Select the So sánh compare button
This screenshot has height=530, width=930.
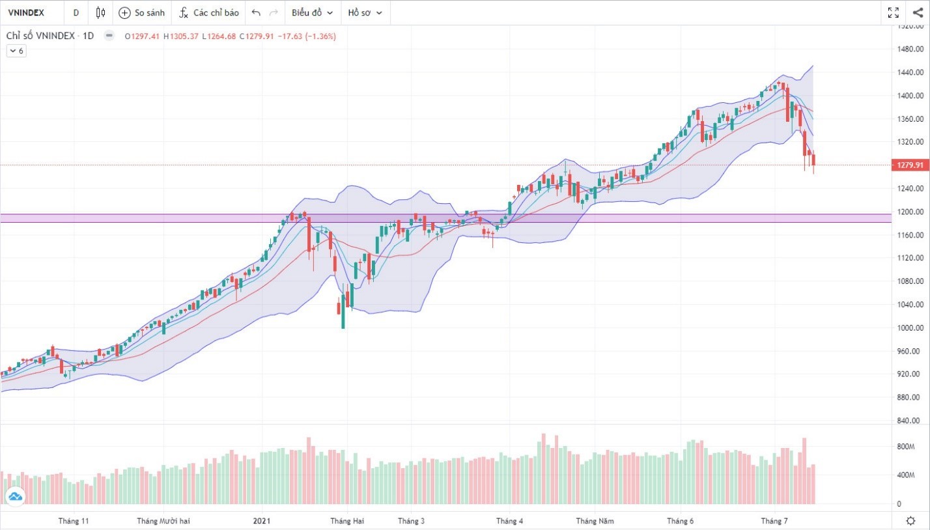tap(142, 12)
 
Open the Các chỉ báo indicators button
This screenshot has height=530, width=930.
tap(209, 12)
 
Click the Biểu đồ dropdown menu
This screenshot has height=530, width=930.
tap(312, 12)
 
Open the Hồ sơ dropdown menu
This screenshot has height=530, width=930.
tap(365, 12)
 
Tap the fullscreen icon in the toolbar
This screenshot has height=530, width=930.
tap(894, 12)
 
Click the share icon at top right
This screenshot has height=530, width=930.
tap(917, 12)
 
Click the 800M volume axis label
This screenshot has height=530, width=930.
tap(906, 447)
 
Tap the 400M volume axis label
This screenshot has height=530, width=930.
tap(906, 475)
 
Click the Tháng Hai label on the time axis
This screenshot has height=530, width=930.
tap(347, 521)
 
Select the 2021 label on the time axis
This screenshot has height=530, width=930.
tap(261, 521)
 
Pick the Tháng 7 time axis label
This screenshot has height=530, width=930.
tap(775, 521)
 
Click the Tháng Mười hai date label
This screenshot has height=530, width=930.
tap(163, 521)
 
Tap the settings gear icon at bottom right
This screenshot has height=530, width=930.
tap(910, 521)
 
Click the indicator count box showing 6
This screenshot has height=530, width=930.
tap(16, 51)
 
